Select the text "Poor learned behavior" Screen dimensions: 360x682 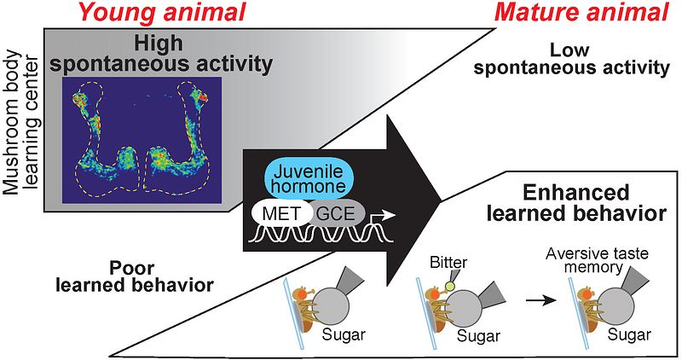click(142, 276)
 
